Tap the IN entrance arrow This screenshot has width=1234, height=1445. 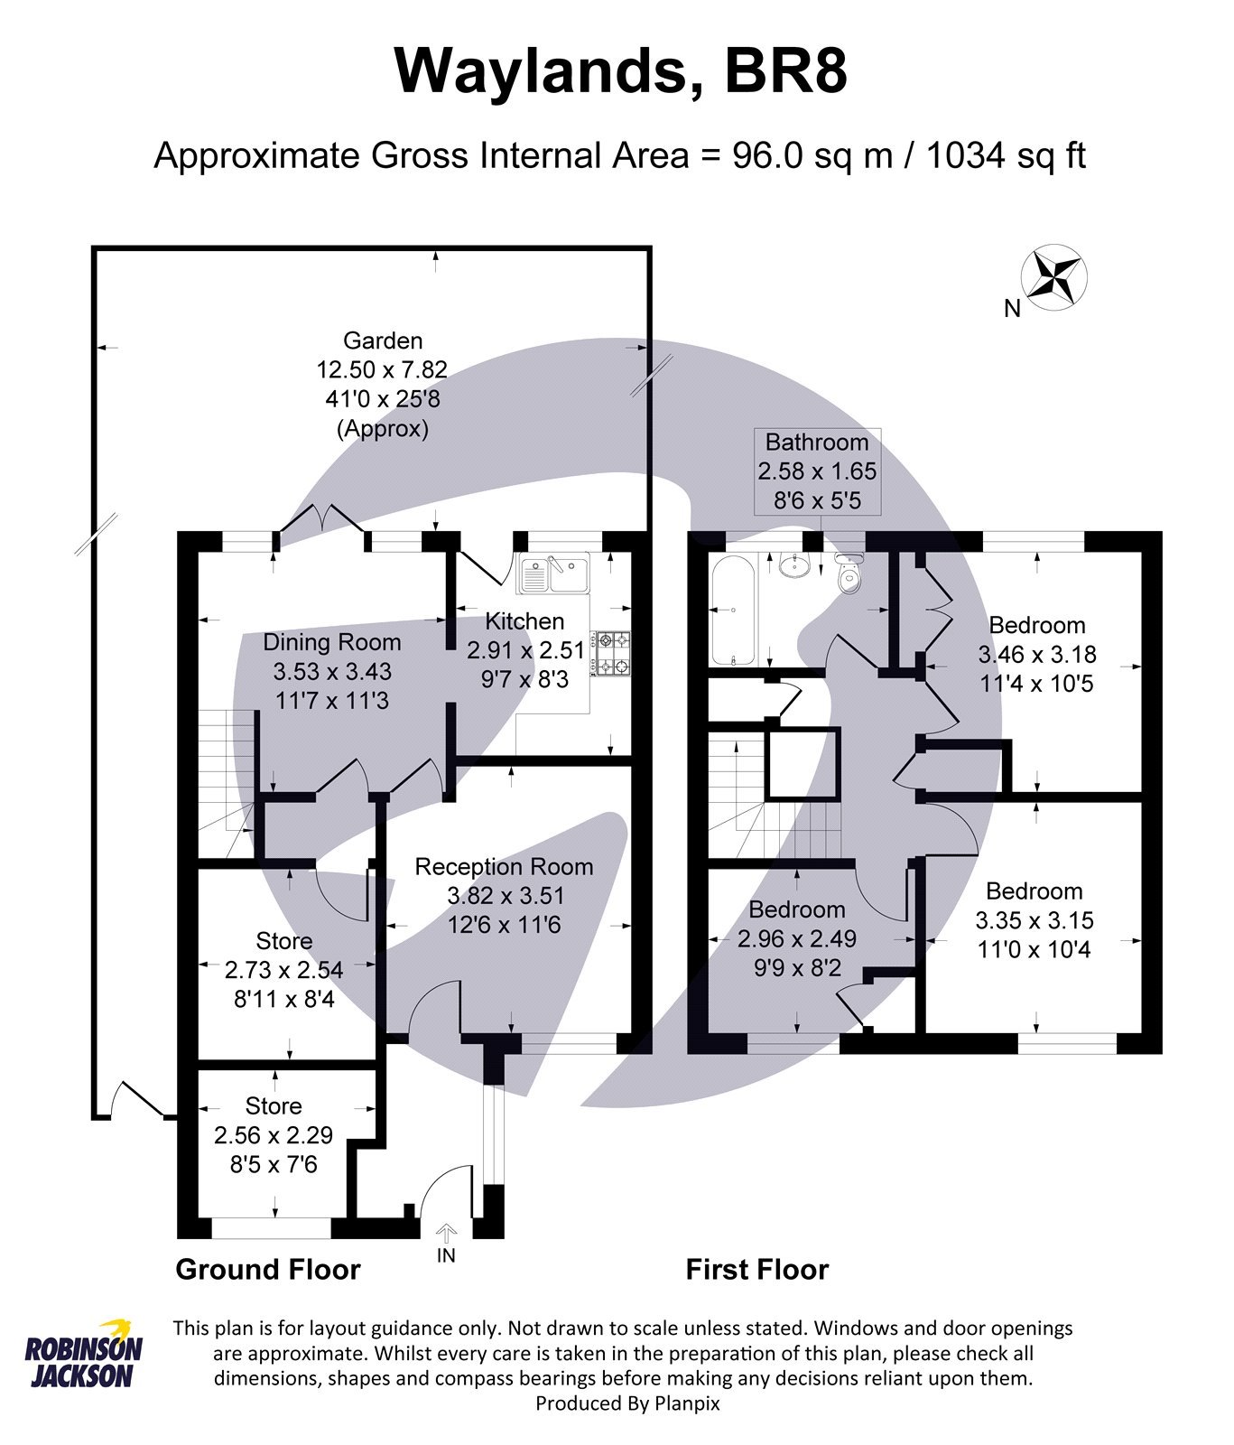pos(446,1235)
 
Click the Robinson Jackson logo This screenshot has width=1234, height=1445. pos(83,1353)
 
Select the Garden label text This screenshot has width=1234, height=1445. pos(383,340)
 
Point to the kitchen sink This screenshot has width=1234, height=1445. pos(552,574)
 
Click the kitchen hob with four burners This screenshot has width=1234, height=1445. pos(611,654)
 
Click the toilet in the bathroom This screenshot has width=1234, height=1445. pos(849,574)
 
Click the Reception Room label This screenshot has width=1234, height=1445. pos(504,867)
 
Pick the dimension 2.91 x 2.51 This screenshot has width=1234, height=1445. pos(525,650)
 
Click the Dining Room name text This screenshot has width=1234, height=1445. pos(331,642)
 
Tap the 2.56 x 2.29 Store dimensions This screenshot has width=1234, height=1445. pos(274,1135)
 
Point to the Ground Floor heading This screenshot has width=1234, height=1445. pos(268,1269)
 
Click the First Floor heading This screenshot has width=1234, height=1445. pos(756,1269)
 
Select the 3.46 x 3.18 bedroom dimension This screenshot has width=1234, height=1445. pos(1036,654)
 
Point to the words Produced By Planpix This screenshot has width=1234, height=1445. pos(627,1403)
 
